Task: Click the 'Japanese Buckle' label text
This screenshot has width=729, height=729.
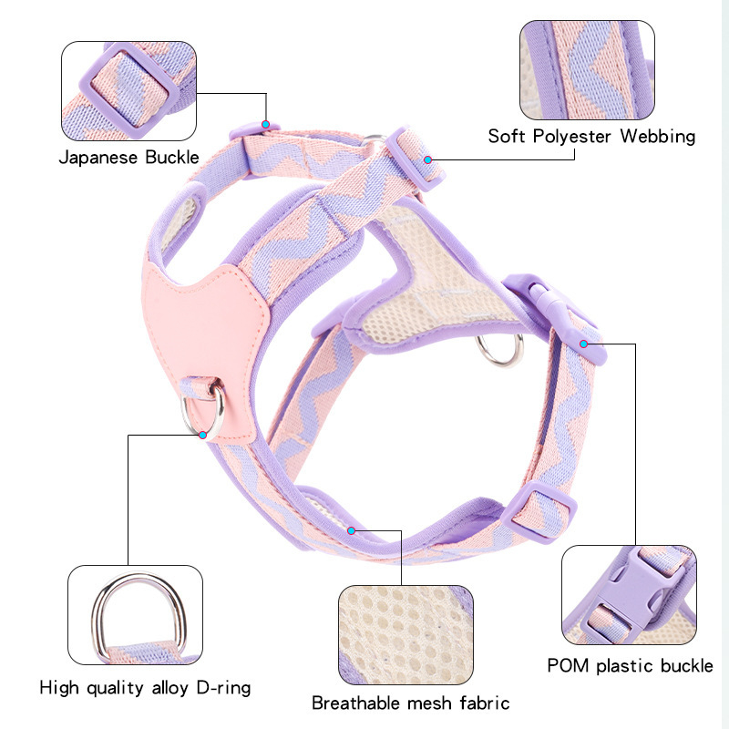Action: pyautogui.click(x=129, y=157)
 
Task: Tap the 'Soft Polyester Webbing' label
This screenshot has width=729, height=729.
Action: pyautogui.click(x=591, y=137)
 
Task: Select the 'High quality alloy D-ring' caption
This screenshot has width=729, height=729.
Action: pyautogui.click(x=145, y=686)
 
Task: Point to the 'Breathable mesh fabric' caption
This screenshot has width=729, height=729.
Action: pyautogui.click(x=410, y=703)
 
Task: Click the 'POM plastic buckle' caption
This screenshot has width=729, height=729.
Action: pyautogui.click(x=630, y=665)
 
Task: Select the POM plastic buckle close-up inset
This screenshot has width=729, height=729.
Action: pyautogui.click(x=629, y=596)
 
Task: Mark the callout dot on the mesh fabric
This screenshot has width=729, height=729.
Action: pyautogui.click(x=351, y=528)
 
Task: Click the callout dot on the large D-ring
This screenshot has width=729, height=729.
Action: pyautogui.click(x=202, y=435)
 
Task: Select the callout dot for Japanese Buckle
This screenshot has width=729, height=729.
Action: pyautogui.click(x=265, y=124)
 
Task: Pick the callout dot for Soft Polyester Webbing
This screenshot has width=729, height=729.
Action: pyautogui.click(x=427, y=159)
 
